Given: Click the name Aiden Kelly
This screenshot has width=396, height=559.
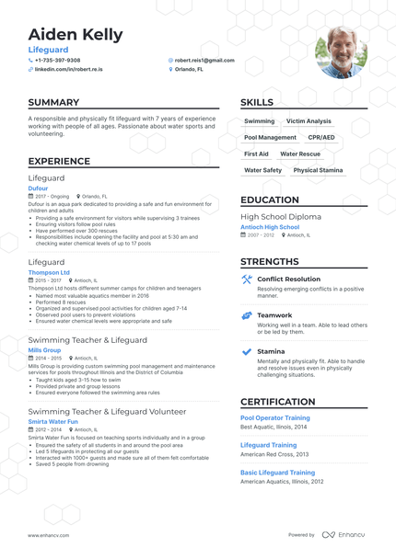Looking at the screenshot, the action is click(x=75, y=35).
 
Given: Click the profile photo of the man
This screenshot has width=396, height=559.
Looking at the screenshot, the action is click(x=341, y=52).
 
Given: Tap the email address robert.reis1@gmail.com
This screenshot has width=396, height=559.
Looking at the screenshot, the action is click(x=204, y=60).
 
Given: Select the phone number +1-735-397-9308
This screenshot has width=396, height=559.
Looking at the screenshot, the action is click(x=57, y=60).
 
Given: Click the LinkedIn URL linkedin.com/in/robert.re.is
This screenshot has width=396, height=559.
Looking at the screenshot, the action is click(x=68, y=69).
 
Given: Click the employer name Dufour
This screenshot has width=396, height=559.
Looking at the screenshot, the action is click(x=39, y=188).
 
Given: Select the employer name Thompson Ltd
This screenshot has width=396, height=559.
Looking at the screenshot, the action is click(x=49, y=272).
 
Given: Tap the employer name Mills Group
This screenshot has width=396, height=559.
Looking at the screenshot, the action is click(x=45, y=349).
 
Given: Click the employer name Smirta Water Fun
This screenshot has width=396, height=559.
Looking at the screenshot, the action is click(x=52, y=421).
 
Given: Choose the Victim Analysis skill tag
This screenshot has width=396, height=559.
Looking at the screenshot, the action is click(x=309, y=121).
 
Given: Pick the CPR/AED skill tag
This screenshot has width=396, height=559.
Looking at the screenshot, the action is click(x=321, y=138).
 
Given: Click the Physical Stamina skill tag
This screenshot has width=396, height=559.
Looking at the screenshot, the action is click(x=318, y=170).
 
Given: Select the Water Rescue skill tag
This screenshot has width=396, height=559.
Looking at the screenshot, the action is click(x=300, y=154).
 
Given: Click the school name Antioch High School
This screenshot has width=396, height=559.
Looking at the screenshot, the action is click(x=270, y=226).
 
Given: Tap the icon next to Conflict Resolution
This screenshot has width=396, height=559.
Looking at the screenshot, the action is click(x=247, y=279).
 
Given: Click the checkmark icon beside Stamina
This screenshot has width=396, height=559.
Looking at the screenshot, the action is click(x=247, y=351).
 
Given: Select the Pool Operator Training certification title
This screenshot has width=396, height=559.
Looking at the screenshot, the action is click(x=275, y=417).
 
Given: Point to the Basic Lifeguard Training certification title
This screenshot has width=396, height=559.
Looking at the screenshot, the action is click(x=277, y=472).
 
